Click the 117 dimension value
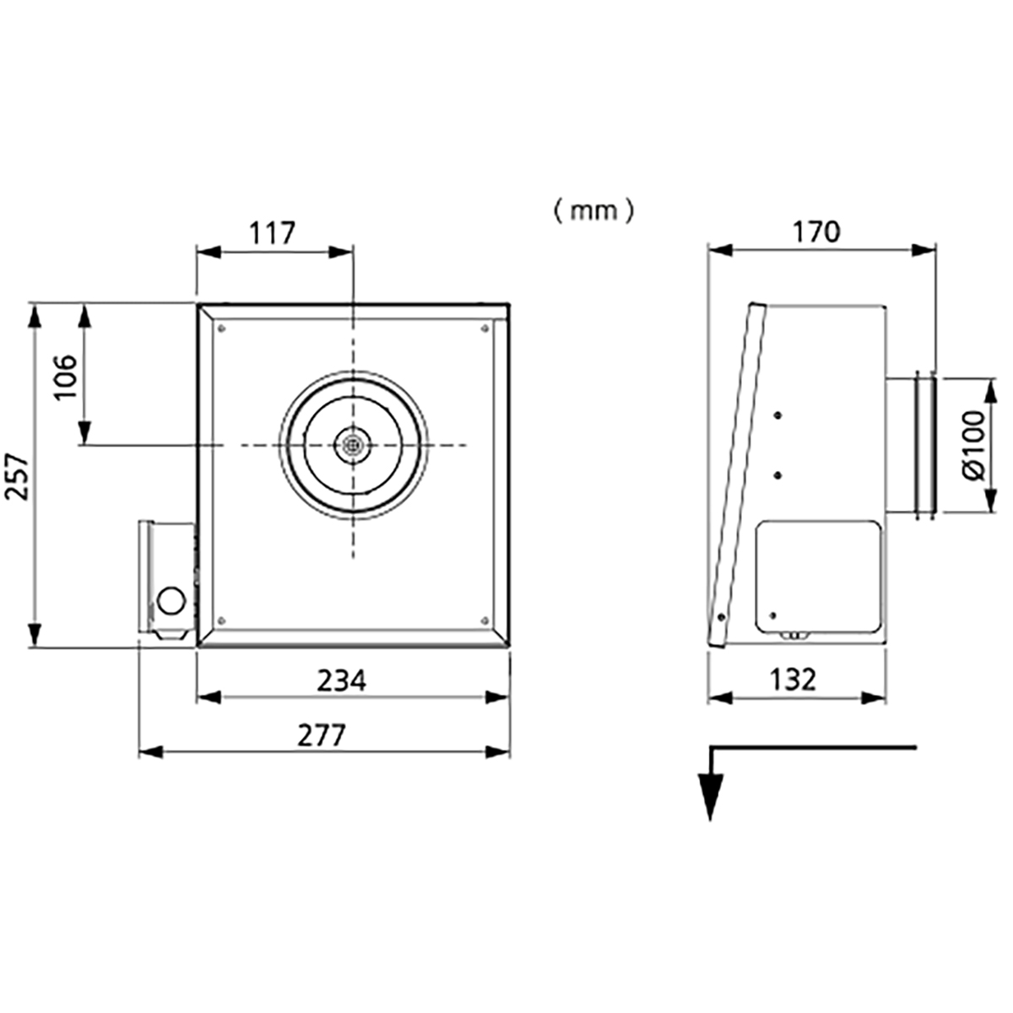click(x=273, y=233)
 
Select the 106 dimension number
click(x=66, y=376)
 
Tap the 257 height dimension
click(x=16, y=476)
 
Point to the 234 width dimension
click(x=342, y=680)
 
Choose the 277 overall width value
click(x=321, y=735)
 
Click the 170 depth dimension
click(x=816, y=232)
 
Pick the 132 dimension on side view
click(x=793, y=680)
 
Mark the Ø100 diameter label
click(x=974, y=446)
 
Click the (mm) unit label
click(x=594, y=212)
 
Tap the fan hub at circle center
click(x=353, y=445)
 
